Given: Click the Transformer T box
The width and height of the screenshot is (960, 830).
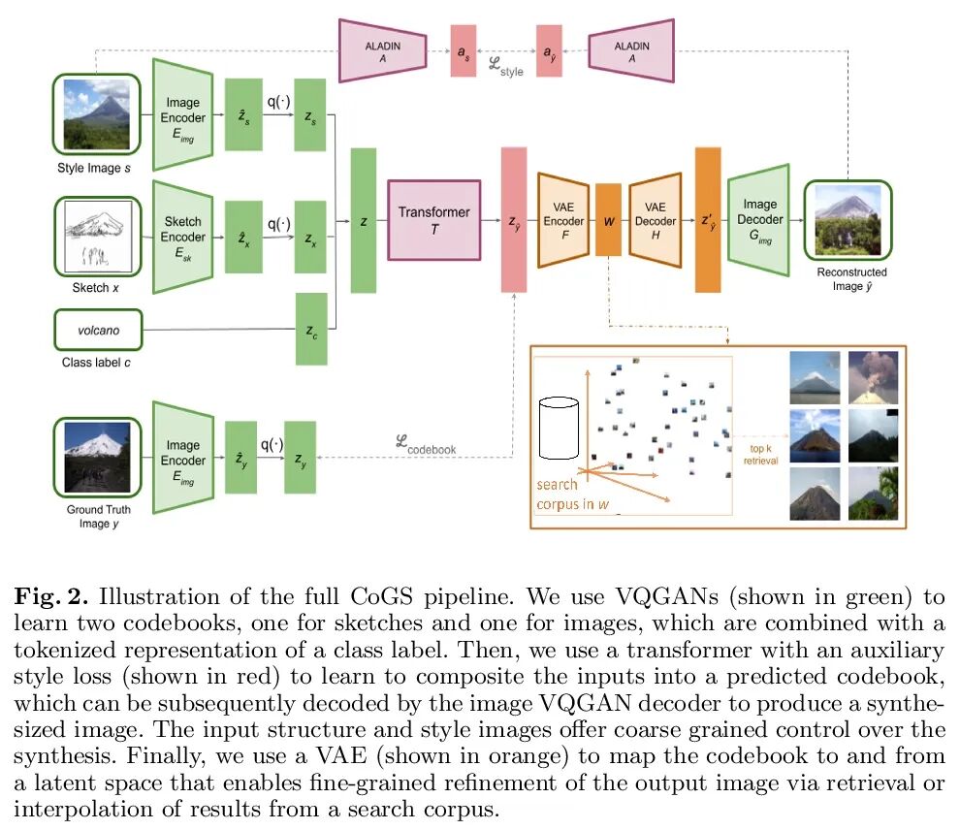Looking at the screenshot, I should pyautogui.click(x=434, y=220).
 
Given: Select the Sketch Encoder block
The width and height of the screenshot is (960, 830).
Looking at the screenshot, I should pyautogui.click(x=183, y=237).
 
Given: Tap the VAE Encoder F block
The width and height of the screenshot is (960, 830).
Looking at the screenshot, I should pyautogui.click(x=563, y=220).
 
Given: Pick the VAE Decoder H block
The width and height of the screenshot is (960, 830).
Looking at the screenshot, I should pyautogui.click(x=655, y=220).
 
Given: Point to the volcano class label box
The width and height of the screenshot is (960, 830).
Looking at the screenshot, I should pyautogui.click(x=99, y=331).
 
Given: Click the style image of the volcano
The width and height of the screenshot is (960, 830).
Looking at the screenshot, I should pyautogui.click(x=97, y=115).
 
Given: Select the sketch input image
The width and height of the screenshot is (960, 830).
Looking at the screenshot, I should pyautogui.click(x=97, y=237).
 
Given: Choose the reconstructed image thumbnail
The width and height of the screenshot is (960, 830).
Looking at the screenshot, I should pyautogui.click(x=847, y=220).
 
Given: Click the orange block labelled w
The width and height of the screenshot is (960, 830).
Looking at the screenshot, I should pyautogui.click(x=609, y=220).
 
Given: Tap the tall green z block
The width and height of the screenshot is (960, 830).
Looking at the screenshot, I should pyautogui.click(x=364, y=220).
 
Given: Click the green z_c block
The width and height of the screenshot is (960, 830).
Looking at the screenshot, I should pyautogui.click(x=311, y=331).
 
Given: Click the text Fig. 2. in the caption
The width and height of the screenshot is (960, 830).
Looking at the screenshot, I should pyautogui.click(x=48, y=594).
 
